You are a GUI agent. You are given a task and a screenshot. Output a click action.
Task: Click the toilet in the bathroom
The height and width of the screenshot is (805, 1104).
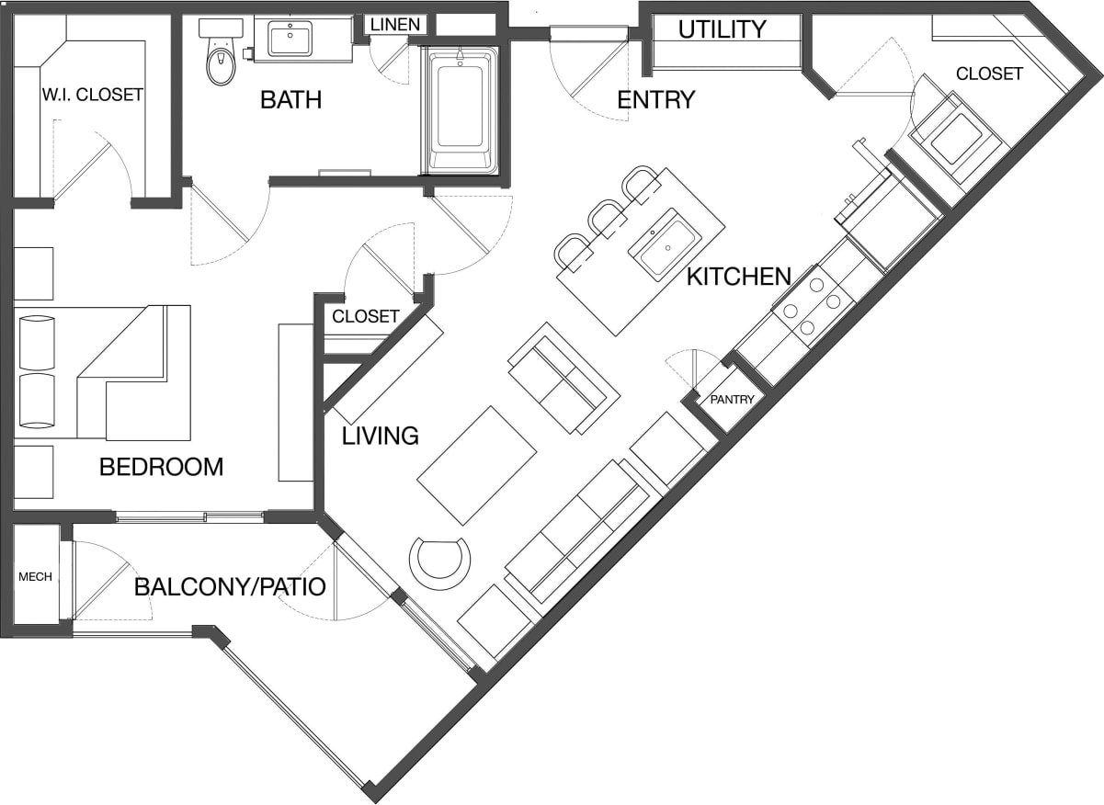tap(221, 58)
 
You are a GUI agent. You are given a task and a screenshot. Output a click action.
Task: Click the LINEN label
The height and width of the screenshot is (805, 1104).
tap(395, 25)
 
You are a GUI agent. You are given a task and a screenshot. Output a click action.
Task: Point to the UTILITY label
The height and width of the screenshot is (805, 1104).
tap(722, 29)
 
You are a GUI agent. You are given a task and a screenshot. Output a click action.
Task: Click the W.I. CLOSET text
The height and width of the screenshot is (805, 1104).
tap(92, 94)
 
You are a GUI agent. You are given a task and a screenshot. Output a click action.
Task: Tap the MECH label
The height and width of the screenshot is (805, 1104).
tap(35, 577)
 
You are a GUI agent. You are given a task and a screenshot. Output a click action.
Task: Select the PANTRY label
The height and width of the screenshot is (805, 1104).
tap(732, 399)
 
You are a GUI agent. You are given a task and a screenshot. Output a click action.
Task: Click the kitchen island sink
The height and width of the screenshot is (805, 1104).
tap(665, 244)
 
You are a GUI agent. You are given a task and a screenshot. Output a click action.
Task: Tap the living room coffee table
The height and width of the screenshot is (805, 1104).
tap(477, 465)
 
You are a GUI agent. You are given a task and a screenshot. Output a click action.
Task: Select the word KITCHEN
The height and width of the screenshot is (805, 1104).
tap(739, 276)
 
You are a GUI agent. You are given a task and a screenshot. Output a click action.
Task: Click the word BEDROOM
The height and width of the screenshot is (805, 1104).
tap(161, 467)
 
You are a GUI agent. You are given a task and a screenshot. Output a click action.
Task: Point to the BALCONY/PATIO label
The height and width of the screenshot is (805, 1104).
tap(230, 586)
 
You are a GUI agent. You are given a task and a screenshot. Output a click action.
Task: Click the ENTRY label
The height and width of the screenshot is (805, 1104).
tap(655, 99)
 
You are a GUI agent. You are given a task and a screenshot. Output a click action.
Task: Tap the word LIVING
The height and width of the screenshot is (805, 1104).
tap(380, 436)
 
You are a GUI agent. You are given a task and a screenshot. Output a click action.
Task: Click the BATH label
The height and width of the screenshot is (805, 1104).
tap(290, 99)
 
